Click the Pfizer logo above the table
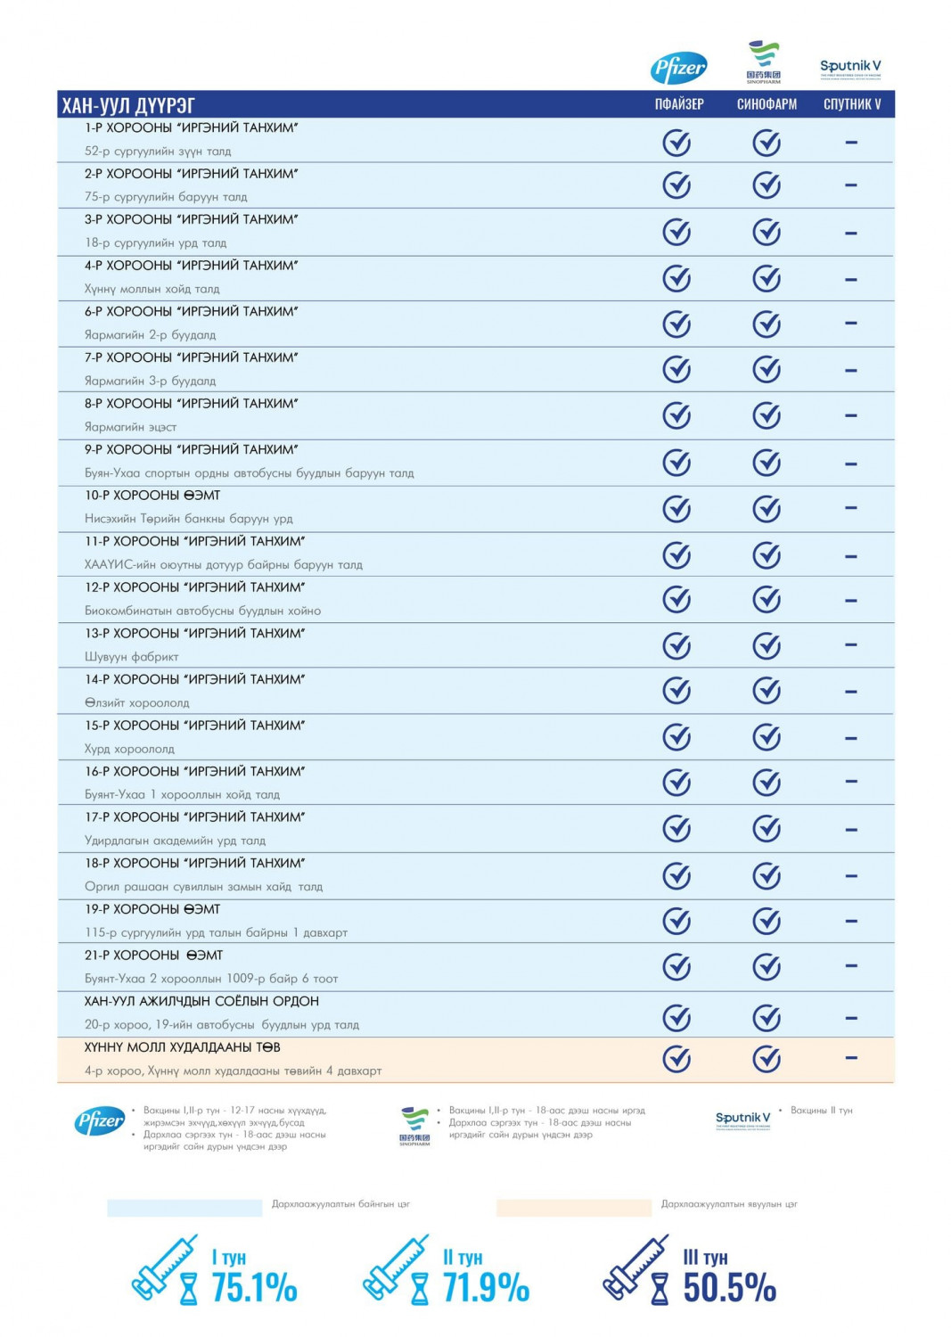678,67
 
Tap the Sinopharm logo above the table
764,62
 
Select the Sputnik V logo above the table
850,67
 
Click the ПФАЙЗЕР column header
679,104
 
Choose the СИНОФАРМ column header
767,104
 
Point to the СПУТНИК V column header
852,104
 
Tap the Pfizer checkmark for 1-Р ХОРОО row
677,143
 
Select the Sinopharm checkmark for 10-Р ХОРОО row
767,508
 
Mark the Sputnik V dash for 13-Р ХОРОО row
851,644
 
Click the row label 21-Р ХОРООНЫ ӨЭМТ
153,956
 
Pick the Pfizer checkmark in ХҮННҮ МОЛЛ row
677,1059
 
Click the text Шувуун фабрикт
132,657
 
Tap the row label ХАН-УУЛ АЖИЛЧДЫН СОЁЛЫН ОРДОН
201,1002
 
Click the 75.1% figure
254,1288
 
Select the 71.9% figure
486,1288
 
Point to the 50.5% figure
729,1288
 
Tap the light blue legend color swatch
184,1208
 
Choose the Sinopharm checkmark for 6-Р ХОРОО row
767,324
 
